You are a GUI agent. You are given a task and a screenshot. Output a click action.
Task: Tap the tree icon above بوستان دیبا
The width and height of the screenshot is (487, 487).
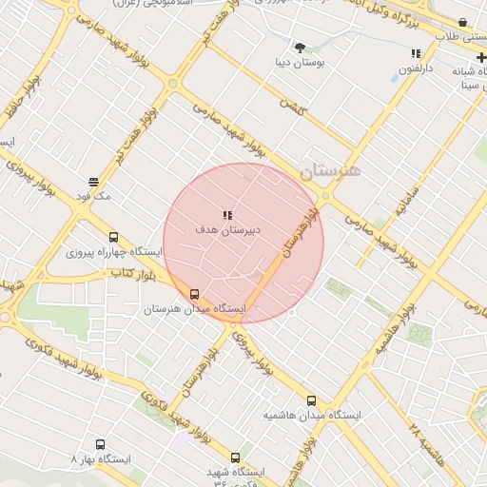301,47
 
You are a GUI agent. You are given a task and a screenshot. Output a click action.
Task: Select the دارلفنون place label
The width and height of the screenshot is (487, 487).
415,68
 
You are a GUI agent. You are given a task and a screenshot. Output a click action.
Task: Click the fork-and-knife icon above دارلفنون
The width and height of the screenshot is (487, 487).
416,54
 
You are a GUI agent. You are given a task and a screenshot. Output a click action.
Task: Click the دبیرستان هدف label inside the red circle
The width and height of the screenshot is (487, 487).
228,230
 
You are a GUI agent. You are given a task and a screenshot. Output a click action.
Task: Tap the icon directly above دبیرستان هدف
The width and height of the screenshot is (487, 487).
227,216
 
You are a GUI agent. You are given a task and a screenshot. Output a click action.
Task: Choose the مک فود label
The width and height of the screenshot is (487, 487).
94,195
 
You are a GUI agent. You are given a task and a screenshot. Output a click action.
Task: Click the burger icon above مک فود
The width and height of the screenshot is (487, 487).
93,181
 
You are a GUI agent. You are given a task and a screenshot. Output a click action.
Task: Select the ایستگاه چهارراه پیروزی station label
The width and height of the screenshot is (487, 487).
114,253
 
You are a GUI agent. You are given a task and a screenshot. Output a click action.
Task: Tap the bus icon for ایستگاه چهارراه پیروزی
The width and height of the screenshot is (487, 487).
114,238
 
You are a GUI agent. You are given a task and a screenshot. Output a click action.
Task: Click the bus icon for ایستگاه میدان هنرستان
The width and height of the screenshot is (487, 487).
195,295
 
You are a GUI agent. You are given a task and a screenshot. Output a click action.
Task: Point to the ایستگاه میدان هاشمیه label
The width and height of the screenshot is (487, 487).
313,416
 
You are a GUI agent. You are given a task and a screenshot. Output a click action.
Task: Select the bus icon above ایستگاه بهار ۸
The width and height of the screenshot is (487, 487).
101,444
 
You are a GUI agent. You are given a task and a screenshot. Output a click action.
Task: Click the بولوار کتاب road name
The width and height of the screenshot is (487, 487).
133,273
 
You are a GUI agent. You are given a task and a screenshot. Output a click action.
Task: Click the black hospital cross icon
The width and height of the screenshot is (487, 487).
481,58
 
